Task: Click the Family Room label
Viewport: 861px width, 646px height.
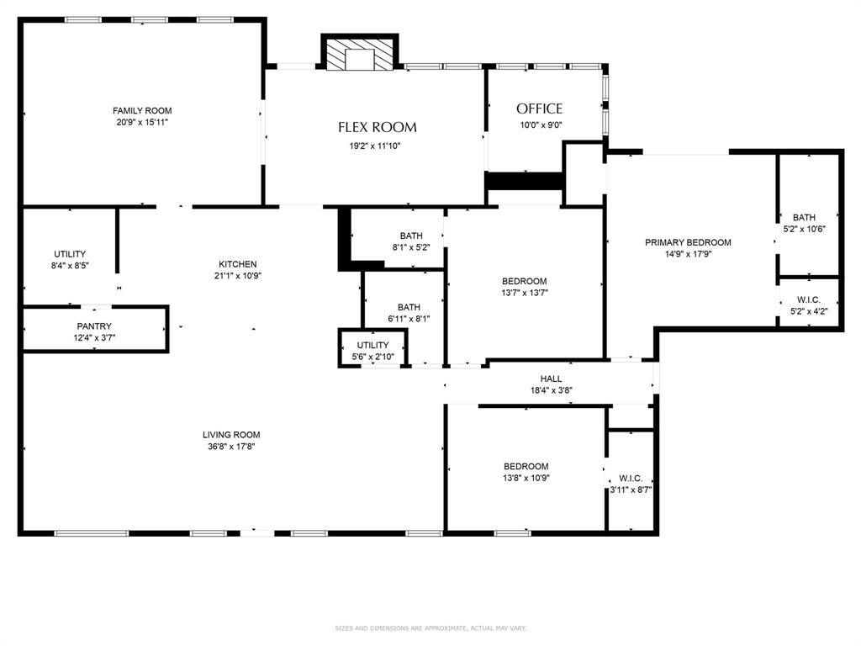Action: (142, 110)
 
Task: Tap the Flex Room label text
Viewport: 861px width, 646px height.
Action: (378, 128)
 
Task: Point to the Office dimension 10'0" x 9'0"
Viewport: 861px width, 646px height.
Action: (539, 125)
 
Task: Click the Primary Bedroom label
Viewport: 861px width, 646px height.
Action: (688, 242)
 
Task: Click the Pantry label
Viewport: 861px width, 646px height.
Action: (94, 326)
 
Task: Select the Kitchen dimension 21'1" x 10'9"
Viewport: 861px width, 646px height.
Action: (238, 276)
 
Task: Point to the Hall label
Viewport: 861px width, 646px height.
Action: (551, 379)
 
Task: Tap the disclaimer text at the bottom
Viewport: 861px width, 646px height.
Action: (430, 628)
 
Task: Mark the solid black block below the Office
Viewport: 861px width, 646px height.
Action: (524, 181)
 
